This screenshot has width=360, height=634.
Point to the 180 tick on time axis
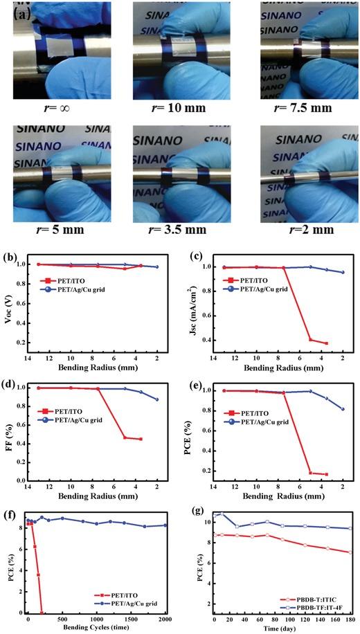pyautogui.click(x=350, y=617)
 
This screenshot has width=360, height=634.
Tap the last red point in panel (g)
pyautogui.click(x=350, y=552)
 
